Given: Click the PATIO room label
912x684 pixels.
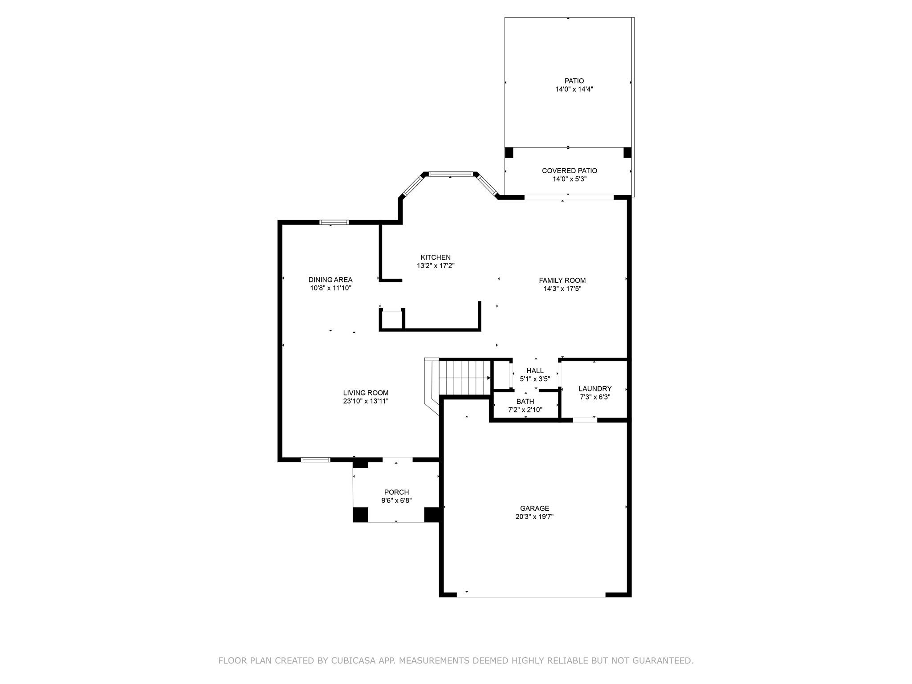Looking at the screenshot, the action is point(574,81).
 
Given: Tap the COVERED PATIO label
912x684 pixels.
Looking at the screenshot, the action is point(570,171).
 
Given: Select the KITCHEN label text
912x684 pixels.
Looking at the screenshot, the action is point(436,257).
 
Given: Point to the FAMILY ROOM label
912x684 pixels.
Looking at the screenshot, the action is point(562,281).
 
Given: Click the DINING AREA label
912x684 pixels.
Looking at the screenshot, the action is point(330,280).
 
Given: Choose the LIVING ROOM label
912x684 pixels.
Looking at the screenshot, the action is point(366,393).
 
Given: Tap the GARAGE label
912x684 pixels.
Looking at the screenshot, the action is point(534,508).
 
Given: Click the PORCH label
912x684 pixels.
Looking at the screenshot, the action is point(396,492).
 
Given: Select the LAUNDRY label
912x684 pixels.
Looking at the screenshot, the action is point(595,389).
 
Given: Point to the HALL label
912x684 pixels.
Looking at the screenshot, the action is point(535,370).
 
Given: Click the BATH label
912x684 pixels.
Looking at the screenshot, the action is point(525,402).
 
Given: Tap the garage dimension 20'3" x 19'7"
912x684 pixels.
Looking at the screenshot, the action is point(534,517).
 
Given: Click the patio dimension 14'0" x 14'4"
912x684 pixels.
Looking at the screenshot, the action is point(574,89).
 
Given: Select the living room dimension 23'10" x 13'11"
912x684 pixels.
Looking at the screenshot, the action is point(366,401).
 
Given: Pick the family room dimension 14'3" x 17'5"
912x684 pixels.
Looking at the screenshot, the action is point(562,289).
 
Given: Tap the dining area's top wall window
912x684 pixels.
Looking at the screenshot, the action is point(334,222).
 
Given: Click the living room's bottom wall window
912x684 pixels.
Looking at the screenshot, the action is point(316,460).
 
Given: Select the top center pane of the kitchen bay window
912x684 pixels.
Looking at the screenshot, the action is point(450,174).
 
